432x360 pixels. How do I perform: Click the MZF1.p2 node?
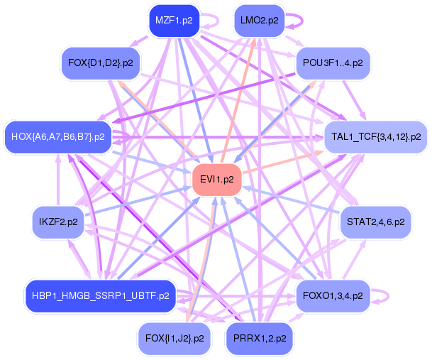[174, 21]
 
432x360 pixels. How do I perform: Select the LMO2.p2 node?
[259, 21]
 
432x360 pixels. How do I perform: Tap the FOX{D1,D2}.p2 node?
[100, 63]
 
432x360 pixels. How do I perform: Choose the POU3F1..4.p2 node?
[333, 63]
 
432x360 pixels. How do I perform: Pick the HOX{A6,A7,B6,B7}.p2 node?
[59, 136]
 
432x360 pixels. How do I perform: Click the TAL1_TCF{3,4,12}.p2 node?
[376, 136]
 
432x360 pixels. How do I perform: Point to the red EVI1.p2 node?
[218, 180]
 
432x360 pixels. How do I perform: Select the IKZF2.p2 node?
[58, 222]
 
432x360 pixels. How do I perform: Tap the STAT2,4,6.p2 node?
[375, 222]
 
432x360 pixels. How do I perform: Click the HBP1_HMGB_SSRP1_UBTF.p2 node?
[99, 295]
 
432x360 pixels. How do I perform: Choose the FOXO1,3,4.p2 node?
[333, 295]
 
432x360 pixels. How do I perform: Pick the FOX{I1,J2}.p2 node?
[174, 338]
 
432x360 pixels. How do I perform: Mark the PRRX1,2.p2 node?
[259, 338]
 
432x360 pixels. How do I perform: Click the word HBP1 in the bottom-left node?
[43, 295]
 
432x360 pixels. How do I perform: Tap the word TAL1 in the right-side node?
[343, 136]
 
